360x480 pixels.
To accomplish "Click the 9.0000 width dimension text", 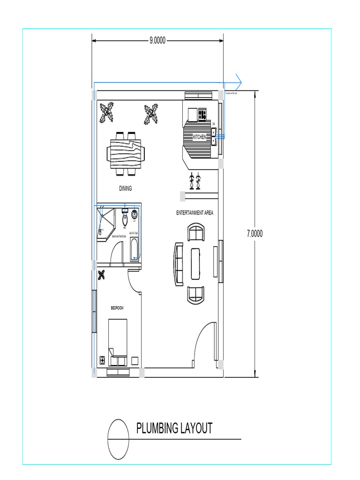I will point(157,41).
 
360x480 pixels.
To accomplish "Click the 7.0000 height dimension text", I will point(255,233).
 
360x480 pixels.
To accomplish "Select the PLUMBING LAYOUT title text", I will point(174,428).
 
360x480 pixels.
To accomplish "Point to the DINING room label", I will point(125,189).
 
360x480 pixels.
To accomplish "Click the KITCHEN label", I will point(200,137).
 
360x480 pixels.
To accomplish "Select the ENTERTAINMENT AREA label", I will point(195,213).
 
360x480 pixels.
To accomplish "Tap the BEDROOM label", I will point(117,308).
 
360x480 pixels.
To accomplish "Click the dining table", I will point(126,154).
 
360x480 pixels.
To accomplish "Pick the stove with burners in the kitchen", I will point(202,113).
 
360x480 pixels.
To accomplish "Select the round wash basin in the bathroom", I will point(135,215).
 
